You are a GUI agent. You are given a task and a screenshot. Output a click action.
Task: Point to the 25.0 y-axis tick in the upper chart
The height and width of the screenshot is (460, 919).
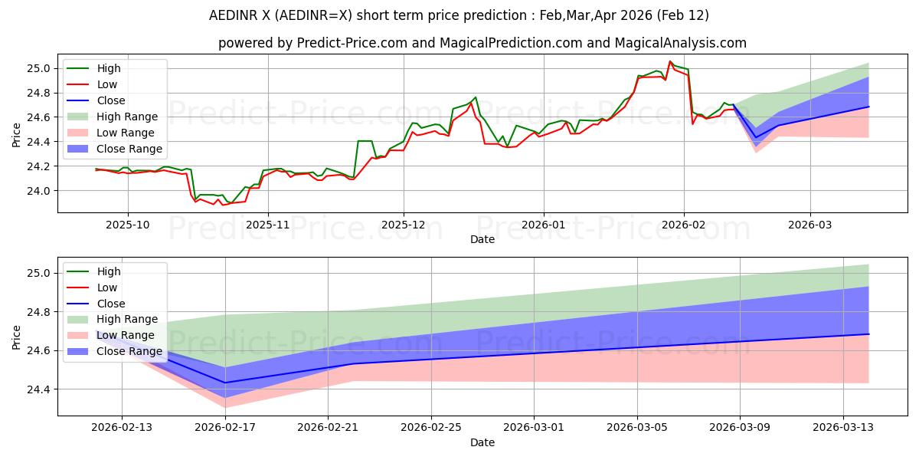click(x=40, y=68)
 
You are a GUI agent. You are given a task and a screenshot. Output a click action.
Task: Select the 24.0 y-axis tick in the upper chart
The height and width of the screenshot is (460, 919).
click(x=40, y=191)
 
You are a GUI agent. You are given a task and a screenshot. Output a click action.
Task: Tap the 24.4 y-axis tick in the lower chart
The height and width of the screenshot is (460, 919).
click(x=40, y=389)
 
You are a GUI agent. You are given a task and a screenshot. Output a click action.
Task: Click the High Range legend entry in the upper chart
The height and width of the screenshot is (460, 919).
click(x=127, y=117)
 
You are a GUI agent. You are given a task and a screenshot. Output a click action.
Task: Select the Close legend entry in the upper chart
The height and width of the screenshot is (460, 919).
click(x=111, y=100)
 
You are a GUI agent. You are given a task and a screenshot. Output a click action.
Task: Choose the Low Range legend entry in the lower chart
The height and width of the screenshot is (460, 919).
click(x=126, y=335)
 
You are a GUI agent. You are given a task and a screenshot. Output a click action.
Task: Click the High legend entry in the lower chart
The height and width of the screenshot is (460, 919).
click(x=109, y=271)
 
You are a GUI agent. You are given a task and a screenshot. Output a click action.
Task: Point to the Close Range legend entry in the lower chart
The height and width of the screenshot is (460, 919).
click(x=129, y=351)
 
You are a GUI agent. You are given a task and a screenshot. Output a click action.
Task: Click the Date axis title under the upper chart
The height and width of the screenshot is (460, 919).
click(x=482, y=239)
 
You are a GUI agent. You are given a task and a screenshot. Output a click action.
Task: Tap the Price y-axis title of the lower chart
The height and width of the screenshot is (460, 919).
click(x=16, y=337)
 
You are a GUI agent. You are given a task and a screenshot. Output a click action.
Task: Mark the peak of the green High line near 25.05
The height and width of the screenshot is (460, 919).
click(x=670, y=61)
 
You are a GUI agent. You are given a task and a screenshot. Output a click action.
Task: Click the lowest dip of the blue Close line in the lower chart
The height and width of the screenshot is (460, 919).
click(x=226, y=383)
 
